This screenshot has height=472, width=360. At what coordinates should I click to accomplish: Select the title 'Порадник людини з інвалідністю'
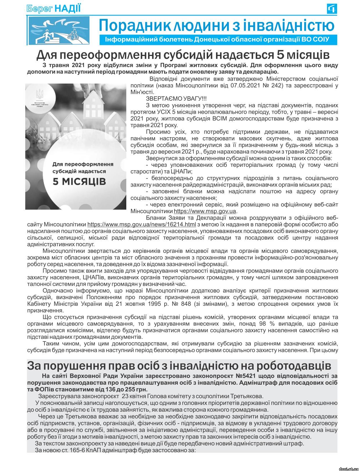[x=216, y=25]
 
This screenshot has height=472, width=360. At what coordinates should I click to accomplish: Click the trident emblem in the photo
[x=39, y=94]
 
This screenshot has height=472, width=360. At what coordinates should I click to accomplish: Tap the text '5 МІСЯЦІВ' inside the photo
[x=79, y=181]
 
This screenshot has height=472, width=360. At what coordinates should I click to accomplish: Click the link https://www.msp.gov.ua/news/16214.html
[x=141, y=225]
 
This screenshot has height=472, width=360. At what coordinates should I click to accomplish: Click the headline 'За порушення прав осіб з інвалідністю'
[x=179, y=366]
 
